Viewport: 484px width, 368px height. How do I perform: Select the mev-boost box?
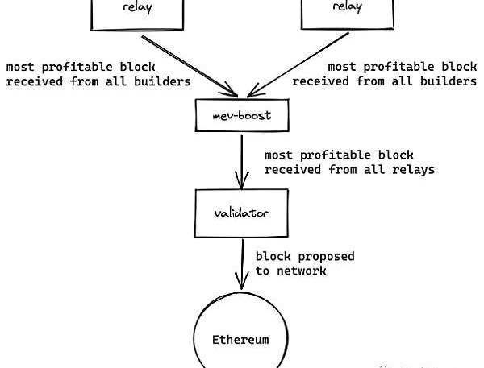[242, 116]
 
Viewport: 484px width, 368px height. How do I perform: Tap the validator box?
[242, 213]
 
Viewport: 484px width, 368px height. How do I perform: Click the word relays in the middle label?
[414, 170]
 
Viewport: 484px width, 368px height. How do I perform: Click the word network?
[301, 271]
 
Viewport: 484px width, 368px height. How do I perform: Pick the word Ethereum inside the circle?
[240, 339]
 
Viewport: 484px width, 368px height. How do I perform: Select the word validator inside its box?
[242, 213]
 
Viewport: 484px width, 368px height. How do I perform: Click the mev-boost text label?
[242, 116]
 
